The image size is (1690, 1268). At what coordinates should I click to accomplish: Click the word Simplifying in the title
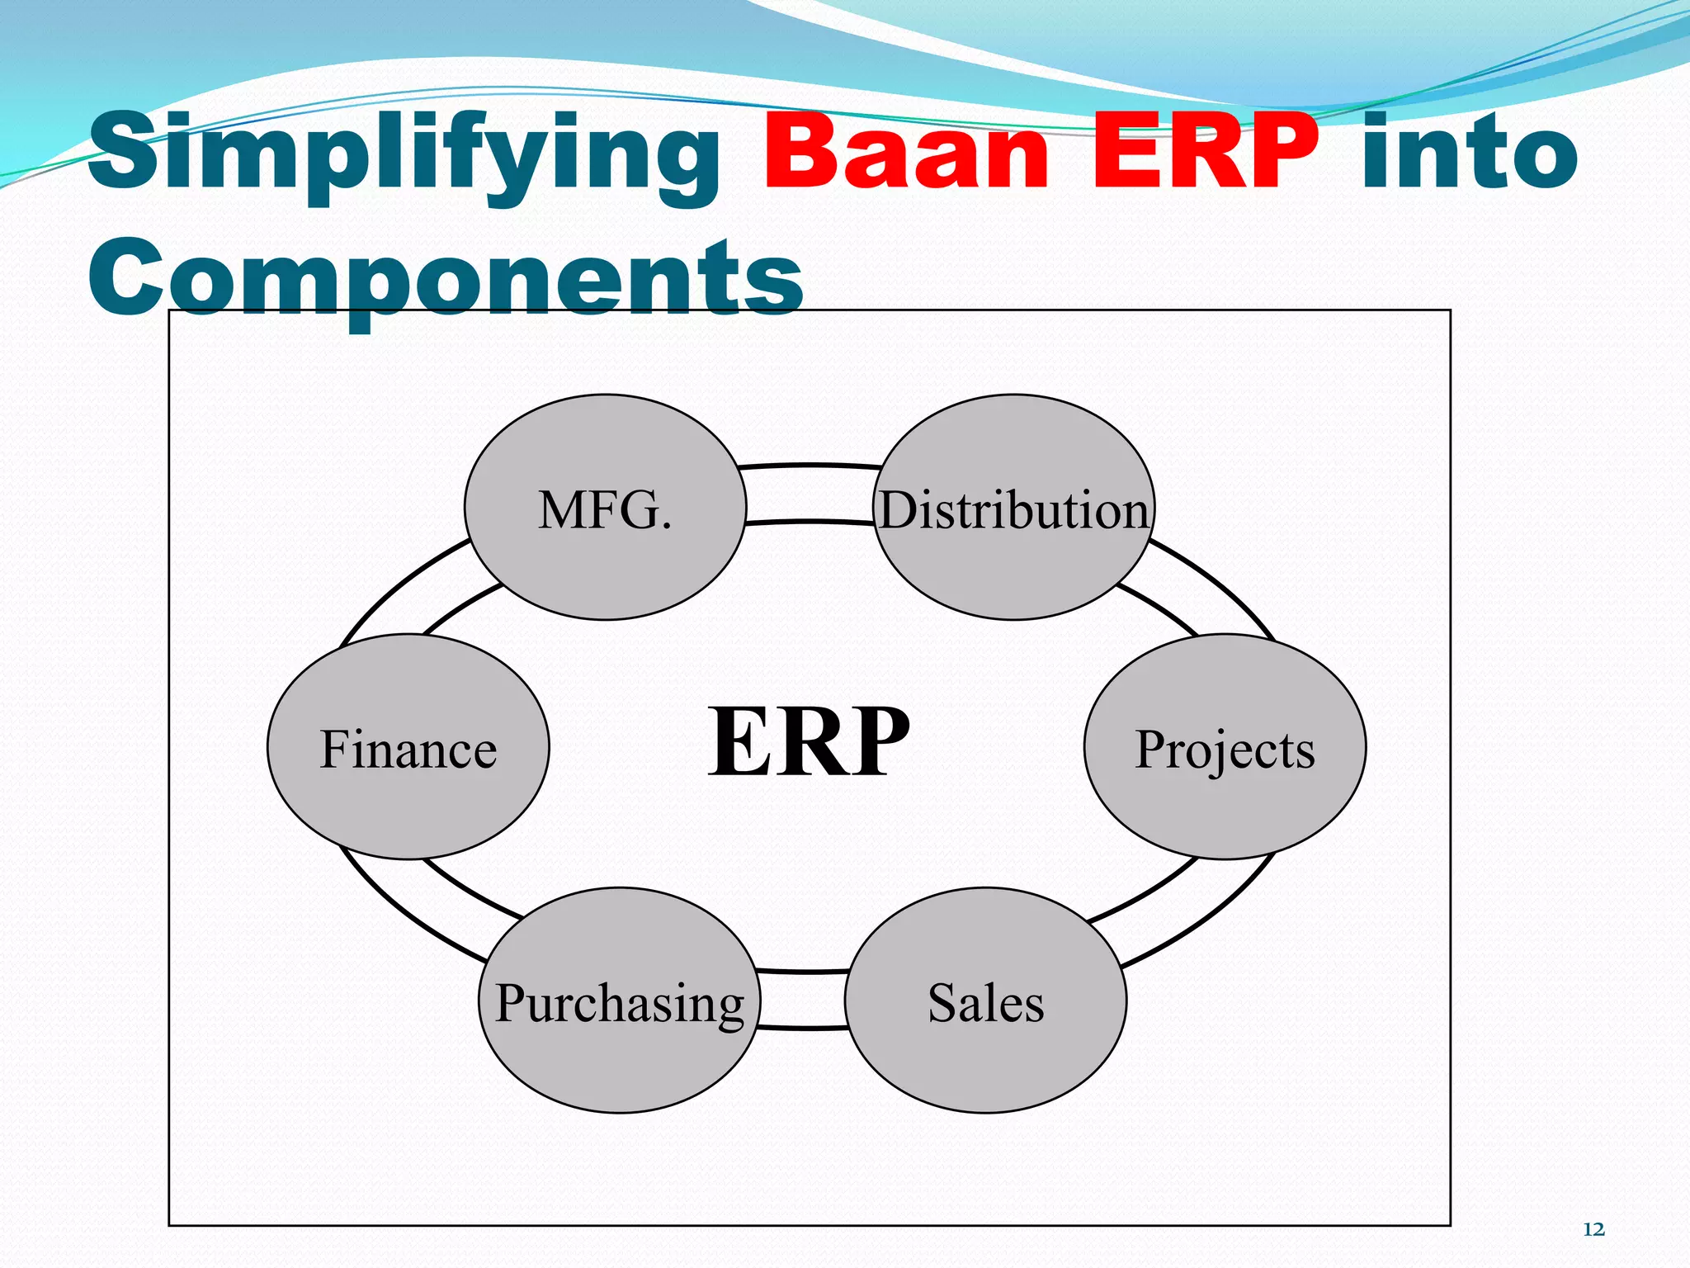[x=404, y=153]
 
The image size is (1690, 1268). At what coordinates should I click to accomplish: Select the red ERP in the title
[x=1205, y=153]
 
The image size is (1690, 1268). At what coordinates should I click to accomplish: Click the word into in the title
[x=1469, y=153]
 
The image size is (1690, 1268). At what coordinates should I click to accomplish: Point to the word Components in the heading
[x=446, y=277]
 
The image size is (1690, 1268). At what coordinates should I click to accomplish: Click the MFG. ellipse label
[x=605, y=509]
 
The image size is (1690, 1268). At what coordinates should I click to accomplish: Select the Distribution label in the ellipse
[x=1013, y=509]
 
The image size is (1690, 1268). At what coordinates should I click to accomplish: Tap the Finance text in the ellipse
[x=408, y=749]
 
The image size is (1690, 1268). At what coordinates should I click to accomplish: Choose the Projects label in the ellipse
[x=1225, y=749]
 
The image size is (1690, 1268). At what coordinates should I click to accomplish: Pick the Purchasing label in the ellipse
[x=619, y=1002]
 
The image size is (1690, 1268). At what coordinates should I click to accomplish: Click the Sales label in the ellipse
[x=985, y=1002]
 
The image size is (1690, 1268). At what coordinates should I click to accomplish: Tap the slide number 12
[x=1593, y=1229]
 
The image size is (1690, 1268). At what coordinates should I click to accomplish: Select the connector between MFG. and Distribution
[x=810, y=494]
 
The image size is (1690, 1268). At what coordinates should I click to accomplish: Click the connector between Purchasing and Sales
[x=802, y=999]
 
